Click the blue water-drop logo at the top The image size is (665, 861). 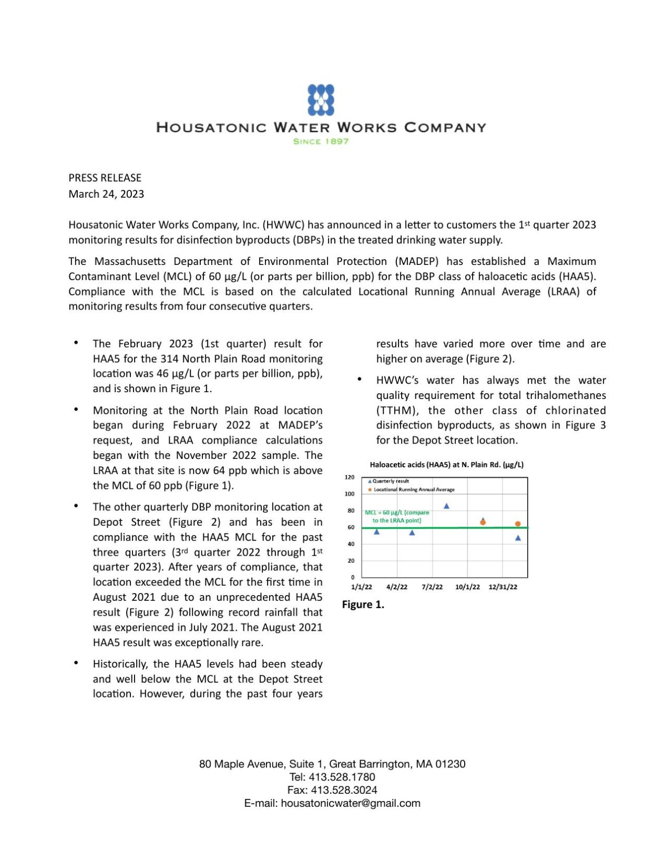click(321, 99)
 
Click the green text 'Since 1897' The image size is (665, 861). click(321, 141)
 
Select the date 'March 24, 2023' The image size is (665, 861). click(106, 194)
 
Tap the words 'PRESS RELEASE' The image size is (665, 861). click(105, 178)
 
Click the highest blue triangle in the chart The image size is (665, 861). click(446, 506)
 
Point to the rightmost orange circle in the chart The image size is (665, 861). click(518, 524)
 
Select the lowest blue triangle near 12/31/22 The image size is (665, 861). click(518, 538)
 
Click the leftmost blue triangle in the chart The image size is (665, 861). click(376, 532)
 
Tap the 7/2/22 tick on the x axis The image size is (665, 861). click(432, 587)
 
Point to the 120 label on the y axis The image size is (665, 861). click(349, 477)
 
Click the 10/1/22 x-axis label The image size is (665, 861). click(467, 587)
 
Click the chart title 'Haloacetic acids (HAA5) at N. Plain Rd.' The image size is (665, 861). click(446, 465)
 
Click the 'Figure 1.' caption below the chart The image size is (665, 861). click(363, 604)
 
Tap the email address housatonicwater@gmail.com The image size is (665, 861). click(350, 803)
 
